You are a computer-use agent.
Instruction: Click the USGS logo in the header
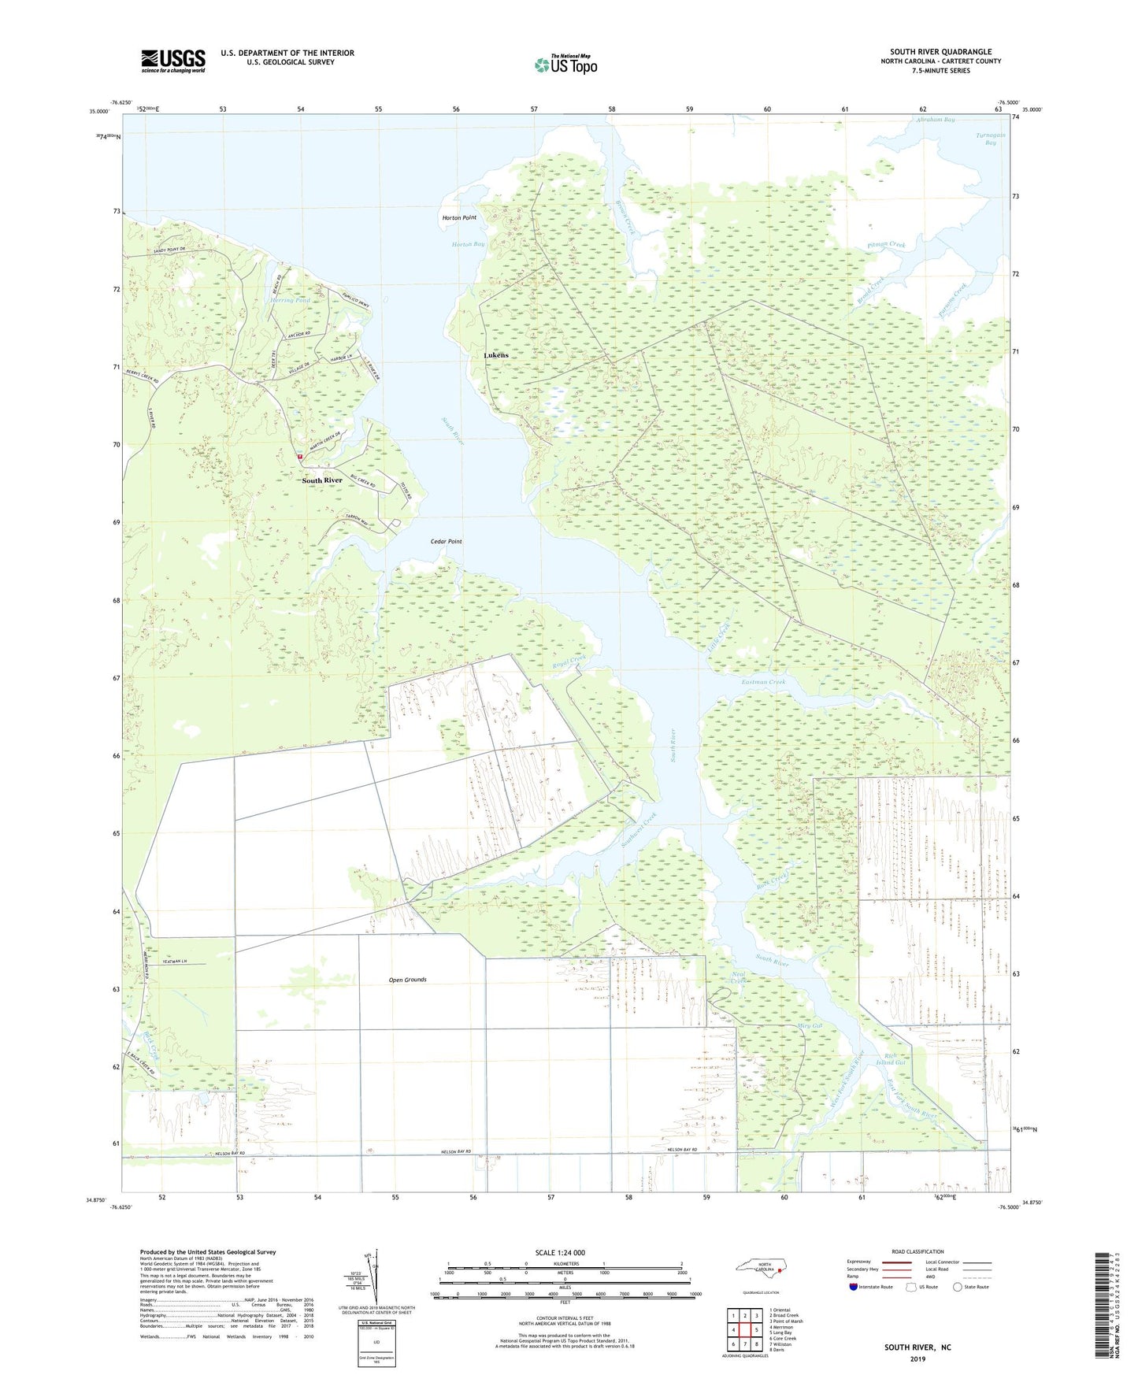point(173,61)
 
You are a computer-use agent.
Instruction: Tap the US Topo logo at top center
point(565,65)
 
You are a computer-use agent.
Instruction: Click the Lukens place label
point(496,356)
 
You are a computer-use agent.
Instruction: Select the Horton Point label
point(459,217)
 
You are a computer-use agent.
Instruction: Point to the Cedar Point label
point(447,542)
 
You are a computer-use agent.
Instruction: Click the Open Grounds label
point(408,980)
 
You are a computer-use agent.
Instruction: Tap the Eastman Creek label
point(764,682)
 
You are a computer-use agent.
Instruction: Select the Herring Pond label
point(291,301)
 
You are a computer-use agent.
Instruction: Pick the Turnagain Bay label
point(991,139)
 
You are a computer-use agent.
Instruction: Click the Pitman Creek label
point(887,245)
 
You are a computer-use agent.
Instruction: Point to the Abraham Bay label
point(936,120)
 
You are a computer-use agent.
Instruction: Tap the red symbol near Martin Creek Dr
point(300,456)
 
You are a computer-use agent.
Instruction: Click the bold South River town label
point(322,480)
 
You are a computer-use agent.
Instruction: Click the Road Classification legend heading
point(917,1251)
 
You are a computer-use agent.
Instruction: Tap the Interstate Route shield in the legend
point(854,1287)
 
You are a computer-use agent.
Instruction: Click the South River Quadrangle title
point(941,52)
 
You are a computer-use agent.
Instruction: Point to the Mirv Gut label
point(810,1026)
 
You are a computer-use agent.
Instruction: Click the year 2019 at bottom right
point(917,1359)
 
